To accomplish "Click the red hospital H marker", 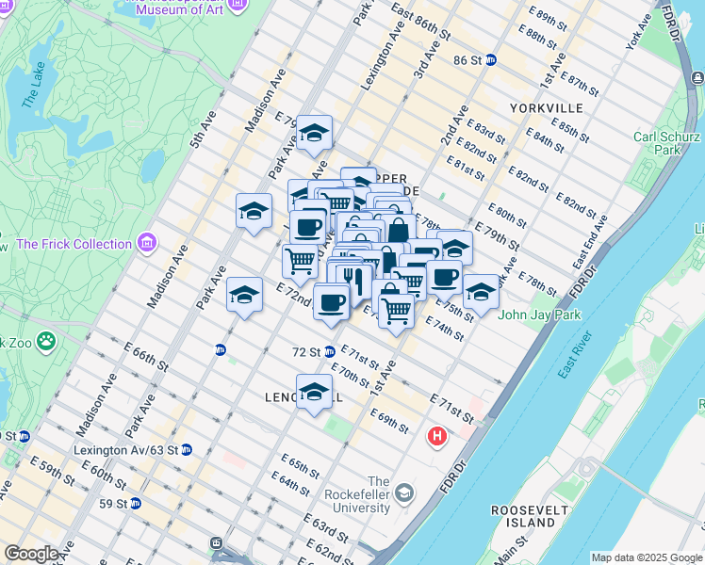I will tap(437, 436).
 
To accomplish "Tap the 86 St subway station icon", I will tap(491, 60).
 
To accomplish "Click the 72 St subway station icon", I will tap(330, 352).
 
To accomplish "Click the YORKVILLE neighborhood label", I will tap(546, 108).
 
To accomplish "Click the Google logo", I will tap(31, 554).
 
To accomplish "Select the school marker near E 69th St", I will tap(314, 391).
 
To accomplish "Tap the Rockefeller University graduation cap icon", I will tap(404, 493).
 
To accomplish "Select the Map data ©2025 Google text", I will tap(648, 557).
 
